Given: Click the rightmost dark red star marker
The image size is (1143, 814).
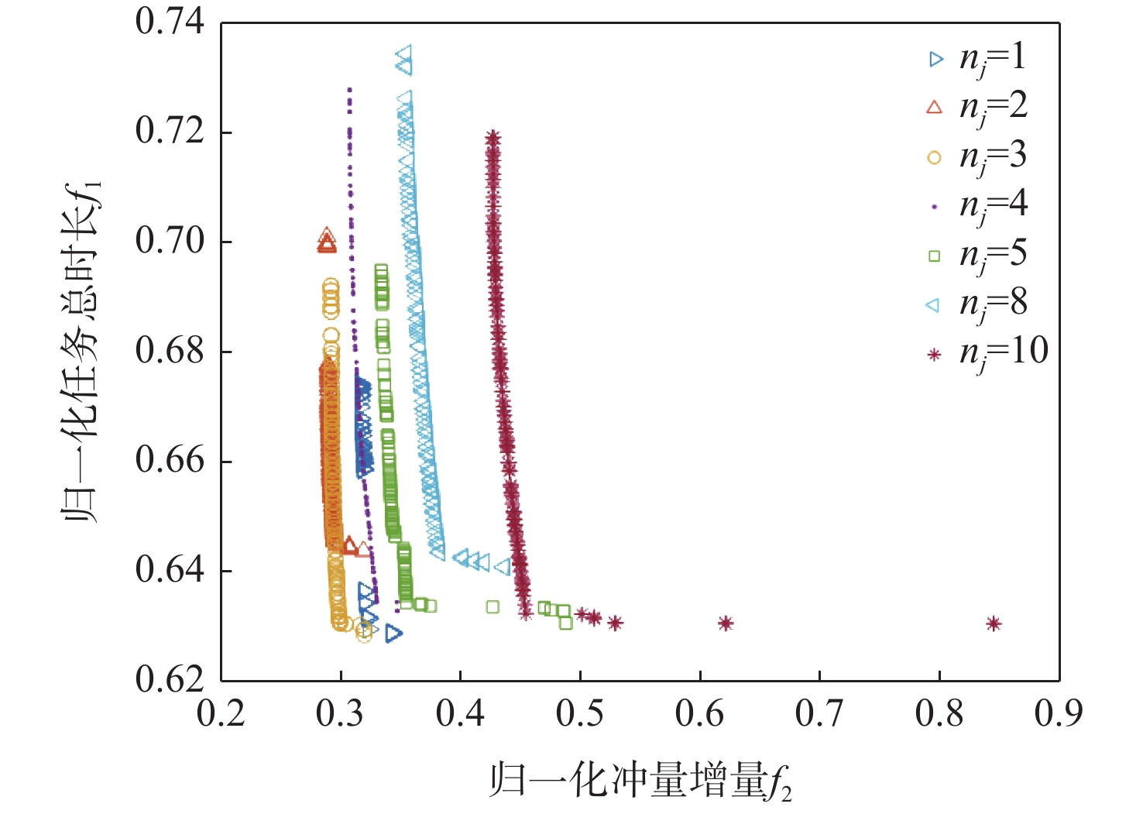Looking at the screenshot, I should tap(994, 623).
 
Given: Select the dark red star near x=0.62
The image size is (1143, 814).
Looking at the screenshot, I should tap(726, 623).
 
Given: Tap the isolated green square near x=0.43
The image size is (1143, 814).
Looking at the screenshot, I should tap(493, 607).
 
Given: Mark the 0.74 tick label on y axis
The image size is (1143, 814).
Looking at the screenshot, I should tap(170, 22).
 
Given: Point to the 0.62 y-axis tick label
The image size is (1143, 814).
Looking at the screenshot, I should tap(170, 680).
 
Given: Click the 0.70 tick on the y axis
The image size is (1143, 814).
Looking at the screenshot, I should tap(170, 242).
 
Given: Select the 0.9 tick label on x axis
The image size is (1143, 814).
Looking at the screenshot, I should tap(1059, 713).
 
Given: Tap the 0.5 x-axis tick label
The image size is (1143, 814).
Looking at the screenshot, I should tap(580, 713).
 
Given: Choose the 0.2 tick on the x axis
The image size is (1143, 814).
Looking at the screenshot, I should tap(221, 713).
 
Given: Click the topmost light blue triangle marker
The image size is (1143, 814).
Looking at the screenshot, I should tap(403, 53).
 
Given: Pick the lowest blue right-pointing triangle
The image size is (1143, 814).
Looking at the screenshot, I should tap(394, 634).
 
